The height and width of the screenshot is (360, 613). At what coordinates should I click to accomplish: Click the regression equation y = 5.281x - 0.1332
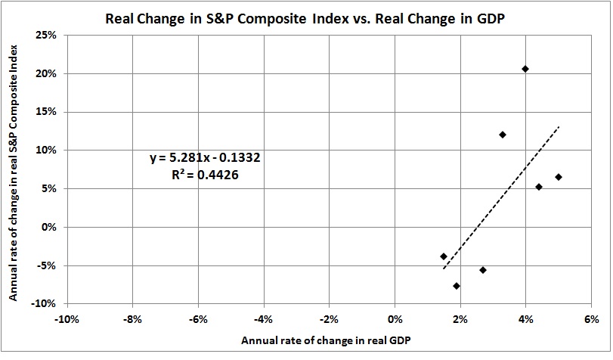206,158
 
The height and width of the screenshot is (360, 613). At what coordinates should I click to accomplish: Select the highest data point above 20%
525,69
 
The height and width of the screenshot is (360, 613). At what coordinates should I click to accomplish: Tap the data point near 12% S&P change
503,135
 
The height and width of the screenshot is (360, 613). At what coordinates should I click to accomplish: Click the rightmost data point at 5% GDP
559,177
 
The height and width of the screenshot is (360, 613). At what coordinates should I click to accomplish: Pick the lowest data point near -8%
457,286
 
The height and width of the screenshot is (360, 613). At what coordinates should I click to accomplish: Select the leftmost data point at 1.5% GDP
444,256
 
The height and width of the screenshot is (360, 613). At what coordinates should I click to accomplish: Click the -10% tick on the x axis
66,318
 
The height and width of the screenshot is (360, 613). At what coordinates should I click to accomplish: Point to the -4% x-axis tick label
263,318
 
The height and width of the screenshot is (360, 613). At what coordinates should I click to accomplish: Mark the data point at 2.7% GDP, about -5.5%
483,270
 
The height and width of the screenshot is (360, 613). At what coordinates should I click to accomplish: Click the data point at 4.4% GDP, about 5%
539,187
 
